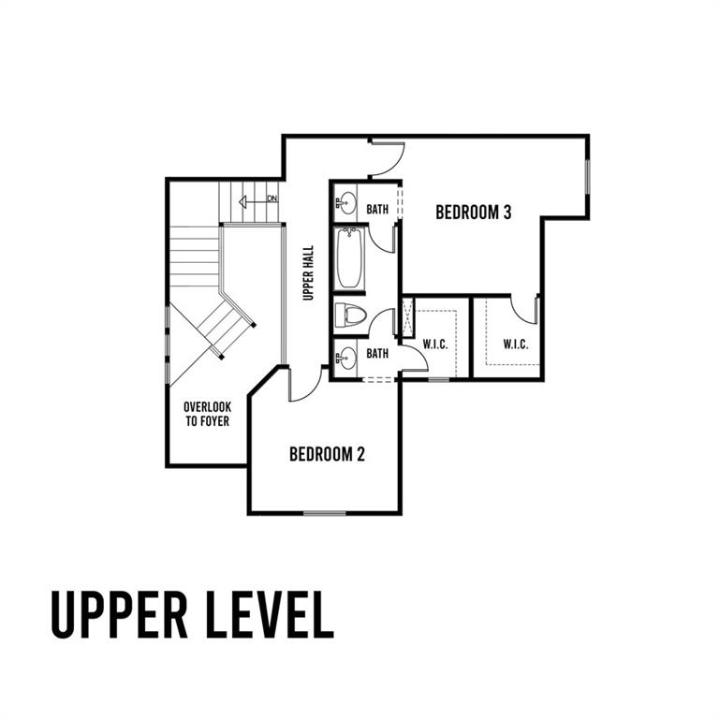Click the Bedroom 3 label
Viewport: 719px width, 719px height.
(x=473, y=213)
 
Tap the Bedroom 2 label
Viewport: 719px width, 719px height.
(x=327, y=454)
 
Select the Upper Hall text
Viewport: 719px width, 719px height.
(x=308, y=272)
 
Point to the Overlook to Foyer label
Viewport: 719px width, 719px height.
(x=207, y=414)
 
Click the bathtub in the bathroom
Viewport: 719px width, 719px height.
(x=350, y=257)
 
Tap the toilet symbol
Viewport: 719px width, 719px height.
(x=351, y=315)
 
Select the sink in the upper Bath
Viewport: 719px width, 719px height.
(x=346, y=203)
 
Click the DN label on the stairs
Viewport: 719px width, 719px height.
(x=272, y=198)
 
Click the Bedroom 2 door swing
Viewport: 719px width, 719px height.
(x=304, y=384)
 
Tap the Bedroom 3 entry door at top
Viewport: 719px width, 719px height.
(x=387, y=158)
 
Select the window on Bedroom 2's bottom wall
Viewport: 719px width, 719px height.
(x=325, y=513)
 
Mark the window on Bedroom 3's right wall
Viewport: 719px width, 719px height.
(x=587, y=177)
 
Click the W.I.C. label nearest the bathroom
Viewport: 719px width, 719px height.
(x=434, y=344)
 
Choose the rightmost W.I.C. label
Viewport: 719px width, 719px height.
(x=516, y=344)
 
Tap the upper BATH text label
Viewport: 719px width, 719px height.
(x=377, y=209)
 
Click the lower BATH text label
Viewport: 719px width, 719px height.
(x=377, y=354)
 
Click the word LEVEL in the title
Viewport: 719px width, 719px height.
(x=270, y=614)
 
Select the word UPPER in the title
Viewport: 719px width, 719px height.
(x=120, y=614)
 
